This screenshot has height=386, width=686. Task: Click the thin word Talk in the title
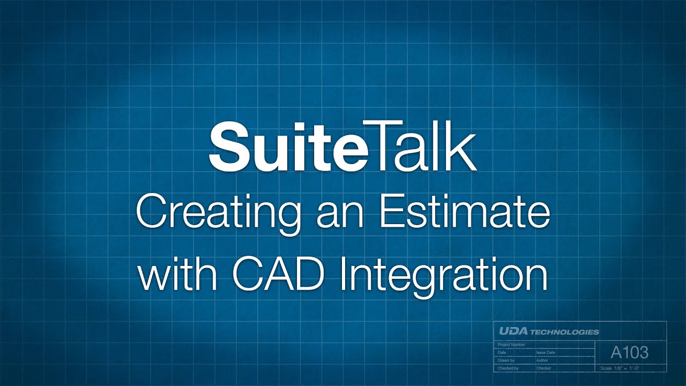pos(423,147)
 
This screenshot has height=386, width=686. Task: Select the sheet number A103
pos(629,352)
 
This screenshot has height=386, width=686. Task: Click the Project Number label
pos(512,345)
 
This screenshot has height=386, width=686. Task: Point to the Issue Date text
pos(546,353)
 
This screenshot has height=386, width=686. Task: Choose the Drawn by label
pos(506,361)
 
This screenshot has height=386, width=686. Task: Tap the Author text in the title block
pos(542,361)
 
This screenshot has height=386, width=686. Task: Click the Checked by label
pos(508,368)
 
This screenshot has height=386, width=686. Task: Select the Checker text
pos(543,368)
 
